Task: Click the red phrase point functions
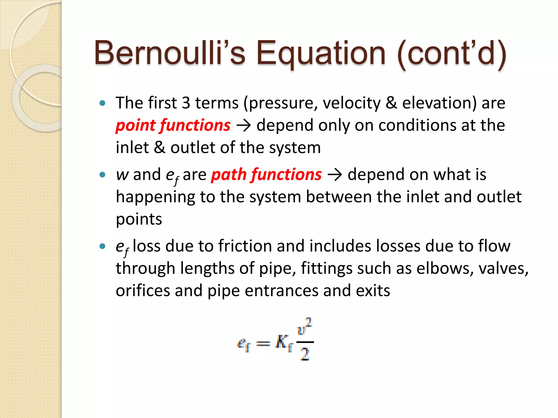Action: click(x=173, y=125)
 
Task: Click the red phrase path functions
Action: click(x=266, y=175)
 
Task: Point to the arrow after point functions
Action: click(x=243, y=126)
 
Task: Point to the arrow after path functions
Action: click(x=335, y=175)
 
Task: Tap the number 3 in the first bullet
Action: click(x=186, y=103)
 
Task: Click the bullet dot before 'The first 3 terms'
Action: click(x=102, y=103)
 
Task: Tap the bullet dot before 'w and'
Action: click(x=102, y=175)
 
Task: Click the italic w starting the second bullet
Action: click(x=122, y=175)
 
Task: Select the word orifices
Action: click(x=143, y=291)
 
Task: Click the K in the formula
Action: click(x=281, y=342)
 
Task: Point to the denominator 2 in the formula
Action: click(x=305, y=355)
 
